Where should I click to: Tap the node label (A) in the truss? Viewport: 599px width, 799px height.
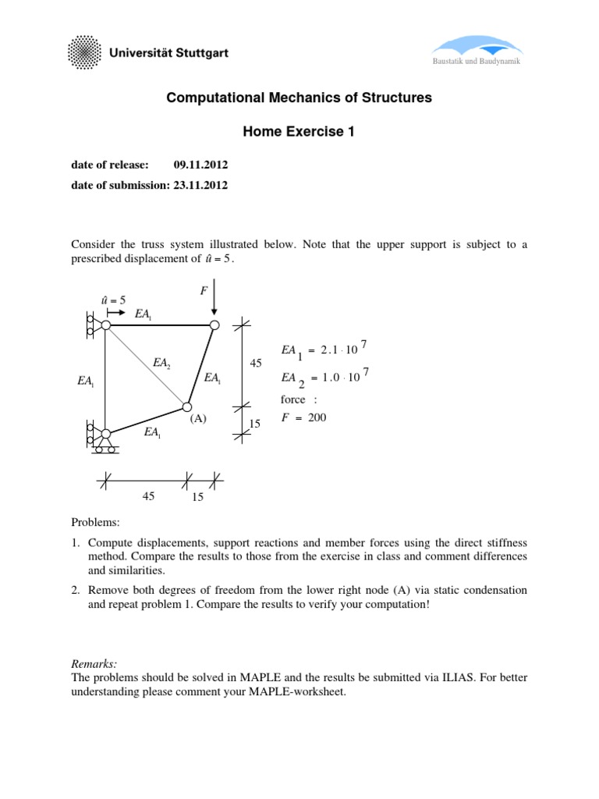pos(197,418)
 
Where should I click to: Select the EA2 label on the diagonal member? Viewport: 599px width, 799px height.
pos(162,363)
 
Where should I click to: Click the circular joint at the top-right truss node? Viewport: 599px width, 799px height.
pos(214,325)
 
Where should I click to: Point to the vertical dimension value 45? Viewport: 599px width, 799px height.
pos(255,364)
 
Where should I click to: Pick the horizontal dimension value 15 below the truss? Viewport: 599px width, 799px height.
pos(197,497)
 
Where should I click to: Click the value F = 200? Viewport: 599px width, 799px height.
pos(303,417)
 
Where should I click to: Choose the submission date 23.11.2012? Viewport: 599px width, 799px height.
pos(200,185)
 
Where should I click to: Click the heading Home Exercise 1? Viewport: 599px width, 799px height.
pos(299,132)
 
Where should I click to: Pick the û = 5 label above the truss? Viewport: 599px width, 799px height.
pos(113,300)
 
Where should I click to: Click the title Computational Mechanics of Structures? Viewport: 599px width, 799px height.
pos(299,98)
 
